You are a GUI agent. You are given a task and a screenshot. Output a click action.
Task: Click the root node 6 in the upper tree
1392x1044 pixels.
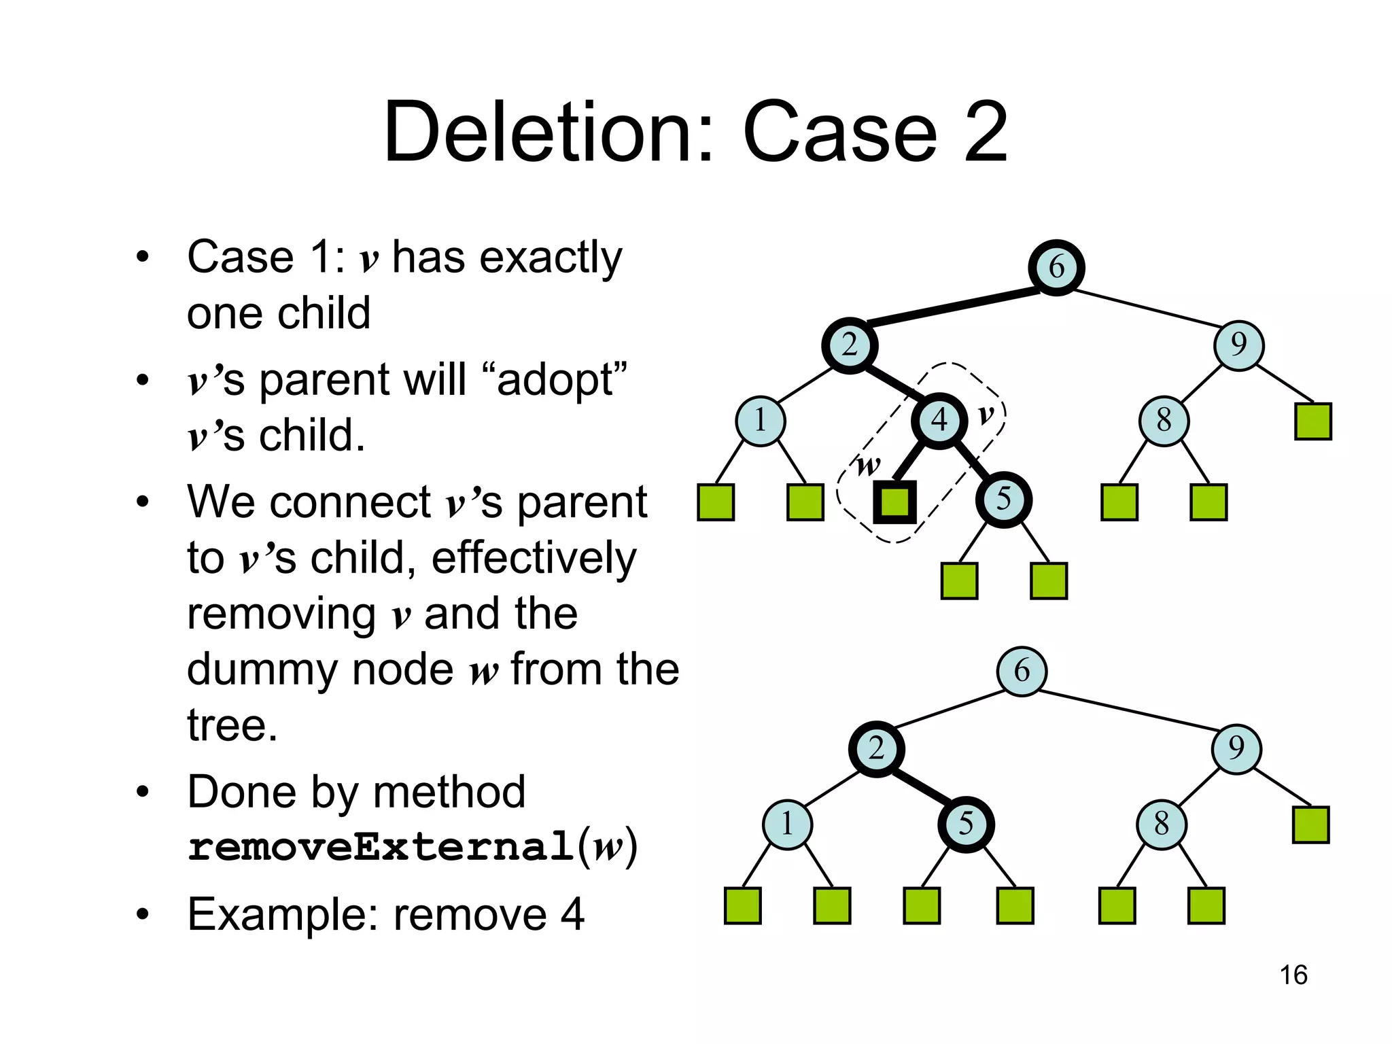(1056, 267)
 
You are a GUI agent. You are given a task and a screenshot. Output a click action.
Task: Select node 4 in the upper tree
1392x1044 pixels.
(939, 421)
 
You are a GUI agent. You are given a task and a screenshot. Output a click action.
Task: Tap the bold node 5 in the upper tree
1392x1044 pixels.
(1003, 500)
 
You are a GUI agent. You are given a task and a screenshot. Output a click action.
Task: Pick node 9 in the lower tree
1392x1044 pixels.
(1236, 749)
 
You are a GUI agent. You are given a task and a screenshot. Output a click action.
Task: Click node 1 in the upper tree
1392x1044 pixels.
(761, 421)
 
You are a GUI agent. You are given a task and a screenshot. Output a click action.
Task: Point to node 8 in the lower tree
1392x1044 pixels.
(1162, 824)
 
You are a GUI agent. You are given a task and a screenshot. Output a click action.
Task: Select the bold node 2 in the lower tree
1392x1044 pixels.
(876, 749)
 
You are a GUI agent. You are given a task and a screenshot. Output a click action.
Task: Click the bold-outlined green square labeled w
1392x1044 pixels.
(894, 502)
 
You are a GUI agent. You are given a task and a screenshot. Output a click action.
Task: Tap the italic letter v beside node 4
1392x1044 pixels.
(986, 414)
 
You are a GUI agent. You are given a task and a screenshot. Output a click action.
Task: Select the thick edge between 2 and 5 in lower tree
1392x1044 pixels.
(921, 787)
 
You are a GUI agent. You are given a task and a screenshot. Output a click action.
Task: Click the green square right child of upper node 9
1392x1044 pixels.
(1312, 421)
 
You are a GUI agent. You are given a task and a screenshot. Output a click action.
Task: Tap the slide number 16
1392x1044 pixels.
(1293, 975)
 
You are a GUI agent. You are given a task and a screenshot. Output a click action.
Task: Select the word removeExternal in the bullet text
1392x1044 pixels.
(381, 847)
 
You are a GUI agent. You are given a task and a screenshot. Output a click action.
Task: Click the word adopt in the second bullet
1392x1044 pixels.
(554, 380)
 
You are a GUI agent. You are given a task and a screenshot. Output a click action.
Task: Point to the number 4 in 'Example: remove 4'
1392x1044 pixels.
(572, 915)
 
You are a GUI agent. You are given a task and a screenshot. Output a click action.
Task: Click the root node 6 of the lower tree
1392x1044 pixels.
(1022, 672)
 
